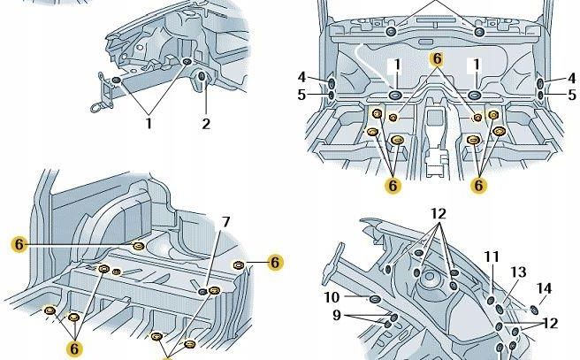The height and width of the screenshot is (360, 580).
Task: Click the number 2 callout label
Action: coord(206,124)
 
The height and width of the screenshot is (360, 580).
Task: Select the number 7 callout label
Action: coord(225,221)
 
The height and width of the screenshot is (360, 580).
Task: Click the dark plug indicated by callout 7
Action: coord(204,292)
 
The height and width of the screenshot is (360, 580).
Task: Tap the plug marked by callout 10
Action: coord(374,300)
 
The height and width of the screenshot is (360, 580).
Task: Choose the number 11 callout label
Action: coord(492,257)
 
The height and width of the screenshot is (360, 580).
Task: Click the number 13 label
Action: coord(518,272)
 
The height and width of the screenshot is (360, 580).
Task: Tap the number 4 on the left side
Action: coord(301,77)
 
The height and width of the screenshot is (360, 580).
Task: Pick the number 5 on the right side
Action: coord(571,94)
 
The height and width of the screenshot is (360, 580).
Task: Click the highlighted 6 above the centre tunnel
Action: coord(436,57)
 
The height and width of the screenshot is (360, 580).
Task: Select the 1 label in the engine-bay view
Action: coord(149,124)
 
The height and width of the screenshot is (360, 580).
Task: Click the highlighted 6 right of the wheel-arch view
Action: coord(275,262)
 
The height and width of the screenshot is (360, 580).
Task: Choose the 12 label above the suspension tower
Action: coord(439,213)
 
